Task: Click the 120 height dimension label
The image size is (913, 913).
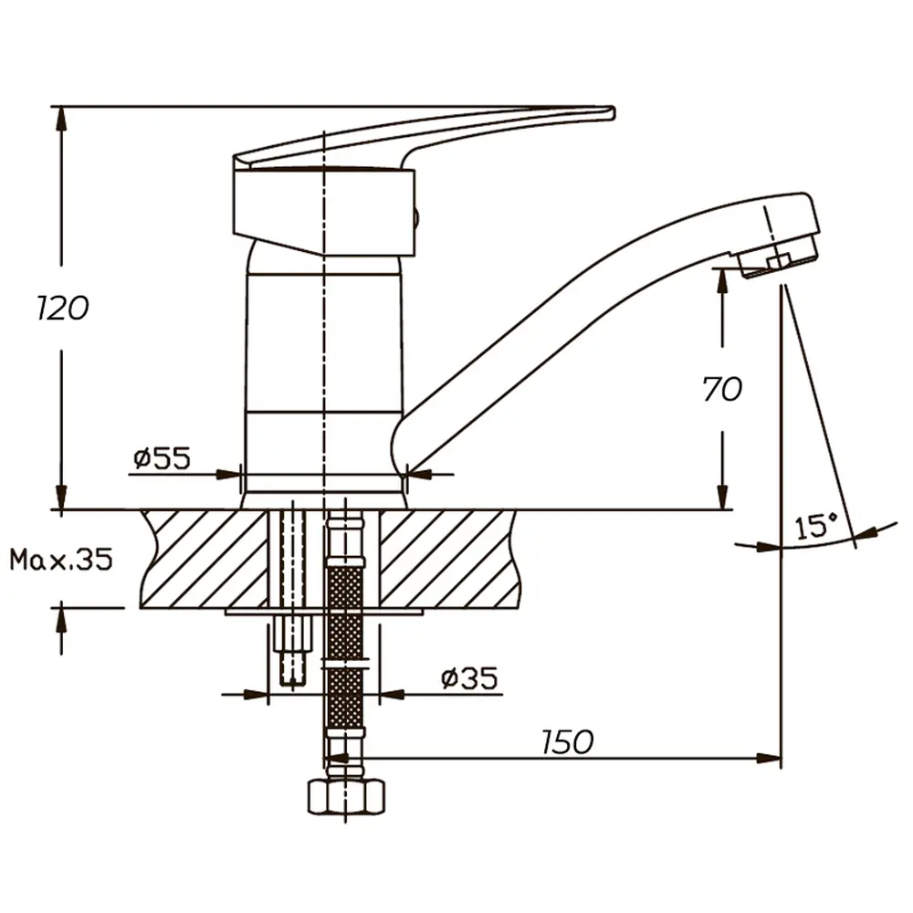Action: [62, 308]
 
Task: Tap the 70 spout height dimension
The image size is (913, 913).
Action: [722, 389]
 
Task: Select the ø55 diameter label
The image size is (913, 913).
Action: [162, 458]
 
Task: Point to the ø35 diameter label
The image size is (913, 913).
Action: [469, 678]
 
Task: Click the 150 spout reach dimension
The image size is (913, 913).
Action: [567, 741]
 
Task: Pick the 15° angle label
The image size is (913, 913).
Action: [815, 527]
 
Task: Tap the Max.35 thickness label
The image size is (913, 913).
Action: [61, 560]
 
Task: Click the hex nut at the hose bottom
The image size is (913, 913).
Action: [346, 797]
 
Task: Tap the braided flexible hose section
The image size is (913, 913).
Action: [346, 646]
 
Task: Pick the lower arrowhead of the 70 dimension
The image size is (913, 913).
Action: [722, 498]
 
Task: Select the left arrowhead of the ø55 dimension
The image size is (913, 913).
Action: [229, 474]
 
